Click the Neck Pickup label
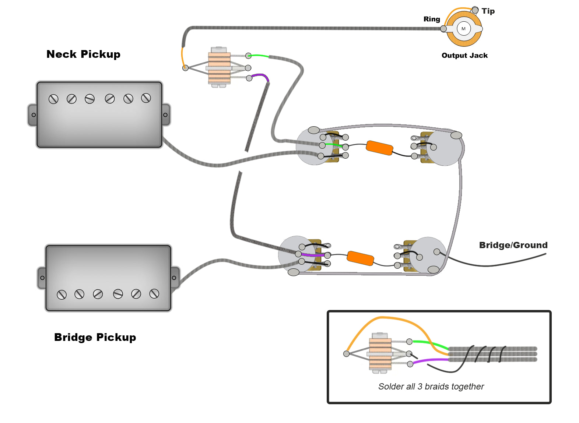pyautogui.click(x=83, y=54)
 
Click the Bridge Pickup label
pyautogui.click(x=95, y=337)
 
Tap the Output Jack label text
pyautogui.click(x=464, y=56)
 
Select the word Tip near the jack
pyautogui.click(x=488, y=11)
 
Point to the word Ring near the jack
pyautogui.click(x=432, y=19)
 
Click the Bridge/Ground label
pyautogui.click(x=513, y=245)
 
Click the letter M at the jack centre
pyautogui.click(x=463, y=29)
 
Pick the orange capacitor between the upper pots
pyautogui.click(x=379, y=148)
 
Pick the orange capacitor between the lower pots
pyautogui.click(x=361, y=258)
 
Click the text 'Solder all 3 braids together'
pyautogui.click(x=431, y=387)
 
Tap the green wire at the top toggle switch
pyautogui.click(x=259, y=56)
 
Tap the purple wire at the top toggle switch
pyautogui.click(x=260, y=77)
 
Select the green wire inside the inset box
pyautogui.click(x=429, y=343)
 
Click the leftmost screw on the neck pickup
pyautogui.click(x=53, y=99)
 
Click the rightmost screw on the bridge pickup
pyautogui.click(x=154, y=293)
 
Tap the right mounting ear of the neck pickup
pyautogui.click(x=165, y=115)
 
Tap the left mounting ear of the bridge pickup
pyautogui.click(x=42, y=278)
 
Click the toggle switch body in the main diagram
pyautogui.click(x=219, y=67)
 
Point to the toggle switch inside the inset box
pyautogui.click(x=380, y=353)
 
